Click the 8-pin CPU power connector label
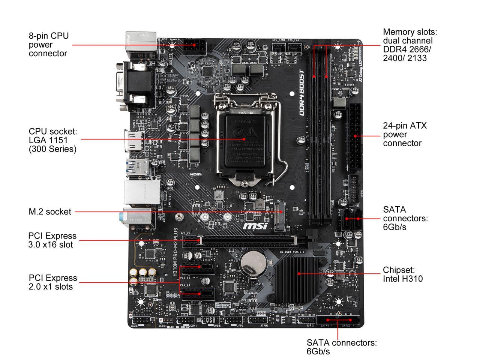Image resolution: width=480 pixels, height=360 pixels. [x=49, y=45]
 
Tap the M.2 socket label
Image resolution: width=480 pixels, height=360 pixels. [x=50, y=212]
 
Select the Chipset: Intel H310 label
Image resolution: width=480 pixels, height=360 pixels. [x=402, y=274]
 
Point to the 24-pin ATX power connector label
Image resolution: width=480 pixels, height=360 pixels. [x=405, y=134]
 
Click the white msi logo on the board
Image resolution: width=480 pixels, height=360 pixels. [x=255, y=226]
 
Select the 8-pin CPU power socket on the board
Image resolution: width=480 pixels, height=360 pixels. [x=194, y=48]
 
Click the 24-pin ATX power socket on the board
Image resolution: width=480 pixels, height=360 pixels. [x=354, y=137]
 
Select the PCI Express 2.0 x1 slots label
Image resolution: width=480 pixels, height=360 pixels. [x=52, y=282]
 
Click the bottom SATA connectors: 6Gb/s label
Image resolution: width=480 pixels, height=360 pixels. [x=341, y=347]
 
